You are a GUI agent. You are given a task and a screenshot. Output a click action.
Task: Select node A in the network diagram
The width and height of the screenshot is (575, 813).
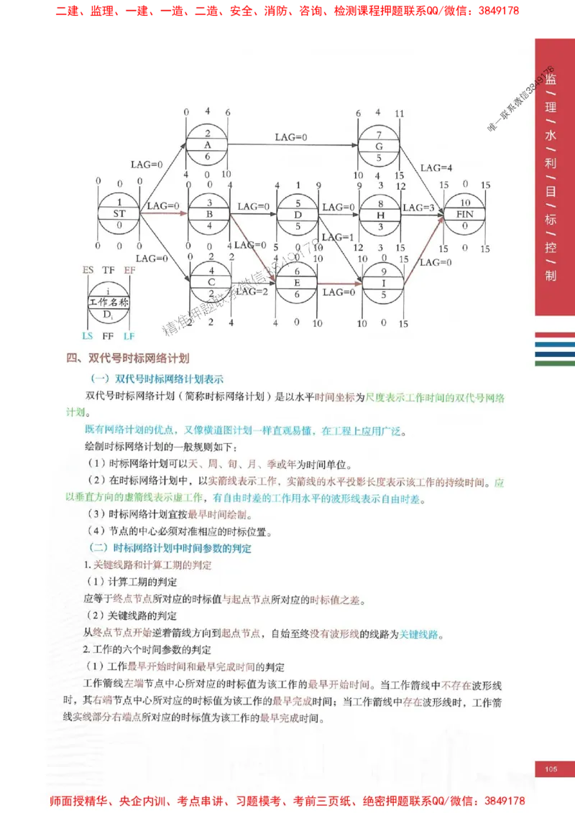pyautogui.click(x=207, y=144)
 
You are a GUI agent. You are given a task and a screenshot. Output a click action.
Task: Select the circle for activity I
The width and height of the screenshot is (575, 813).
pyautogui.click(x=382, y=283)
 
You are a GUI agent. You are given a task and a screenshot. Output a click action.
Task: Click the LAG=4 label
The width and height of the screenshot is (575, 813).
pyautogui.click(x=436, y=168)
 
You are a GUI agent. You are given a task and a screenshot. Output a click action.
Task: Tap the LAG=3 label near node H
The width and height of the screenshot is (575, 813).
pyautogui.click(x=418, y=208)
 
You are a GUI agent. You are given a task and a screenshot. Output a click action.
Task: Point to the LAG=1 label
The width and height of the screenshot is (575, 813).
pyautogui.click(x=337, y=238)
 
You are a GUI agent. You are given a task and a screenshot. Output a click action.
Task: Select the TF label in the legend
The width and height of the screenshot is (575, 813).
pyautogui.click(x=109, y=270)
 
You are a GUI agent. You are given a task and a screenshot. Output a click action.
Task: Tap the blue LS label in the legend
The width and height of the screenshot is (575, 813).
pyautogui.click(x=88, y=336)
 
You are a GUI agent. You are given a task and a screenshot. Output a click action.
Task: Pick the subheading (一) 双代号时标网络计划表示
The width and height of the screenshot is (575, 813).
pyautogui.click(x=156, y=378)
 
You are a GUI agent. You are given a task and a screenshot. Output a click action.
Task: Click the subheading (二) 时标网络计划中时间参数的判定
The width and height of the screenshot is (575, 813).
pyautogui.click(x=170, y=549)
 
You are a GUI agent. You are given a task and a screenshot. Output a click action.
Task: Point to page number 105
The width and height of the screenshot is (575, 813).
pyautogui.click(x=551, y=770)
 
